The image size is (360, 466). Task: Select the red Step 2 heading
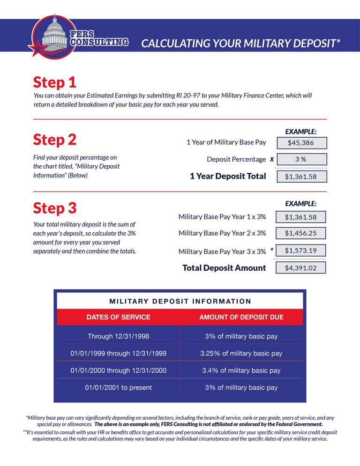[x=54, y=140]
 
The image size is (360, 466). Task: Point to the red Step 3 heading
[x=54, y=207]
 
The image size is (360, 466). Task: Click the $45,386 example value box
[x=300, y=143]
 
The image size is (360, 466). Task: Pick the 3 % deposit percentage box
[x=300, y=160]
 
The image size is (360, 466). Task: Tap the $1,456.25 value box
[x=300, y=233]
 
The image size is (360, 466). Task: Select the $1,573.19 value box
[x=300, y=251]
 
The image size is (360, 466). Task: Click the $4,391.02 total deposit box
[x=300, y=268]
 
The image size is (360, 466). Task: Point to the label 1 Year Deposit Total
[x=228, y=176]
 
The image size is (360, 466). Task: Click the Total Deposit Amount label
[x=224, y=268]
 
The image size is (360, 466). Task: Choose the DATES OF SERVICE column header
[x=119, y=317]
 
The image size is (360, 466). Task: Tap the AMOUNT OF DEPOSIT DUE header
[x=241, y=317]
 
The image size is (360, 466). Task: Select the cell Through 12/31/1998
[x=119, y=336]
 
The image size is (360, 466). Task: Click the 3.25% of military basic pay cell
[x=241, y=353]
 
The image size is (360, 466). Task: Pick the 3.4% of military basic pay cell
[x=241, y=370]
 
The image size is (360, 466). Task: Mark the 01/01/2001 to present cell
[x=119, y=387]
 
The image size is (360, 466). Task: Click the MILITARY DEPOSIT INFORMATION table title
[x=180, y=301]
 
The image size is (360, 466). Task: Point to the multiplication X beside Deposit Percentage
[x=272, y=160]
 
